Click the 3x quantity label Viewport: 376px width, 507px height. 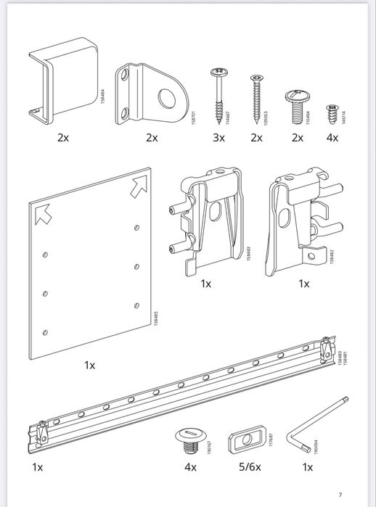click(x=218, y=138)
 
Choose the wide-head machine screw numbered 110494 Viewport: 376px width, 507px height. click(x=295, y=105)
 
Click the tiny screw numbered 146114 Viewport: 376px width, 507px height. click(x=332, y=111)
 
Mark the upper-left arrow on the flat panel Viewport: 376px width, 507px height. click(x=43, y=213)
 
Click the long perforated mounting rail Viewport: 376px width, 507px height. click(x=181, y=392)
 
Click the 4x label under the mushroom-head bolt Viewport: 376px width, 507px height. click(x=190, y=468)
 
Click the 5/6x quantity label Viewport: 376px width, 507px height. click(x=248, y=468)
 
